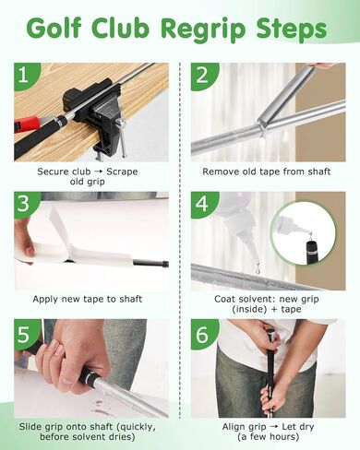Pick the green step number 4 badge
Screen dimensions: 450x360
[x=202, y=203]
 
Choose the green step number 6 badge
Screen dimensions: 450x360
[x=202, y=332]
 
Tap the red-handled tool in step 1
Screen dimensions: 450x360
[x=28, y=124]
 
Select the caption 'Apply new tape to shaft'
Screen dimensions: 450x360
[x=90, y=300]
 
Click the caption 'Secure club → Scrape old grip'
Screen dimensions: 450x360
[x=90, y=176]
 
